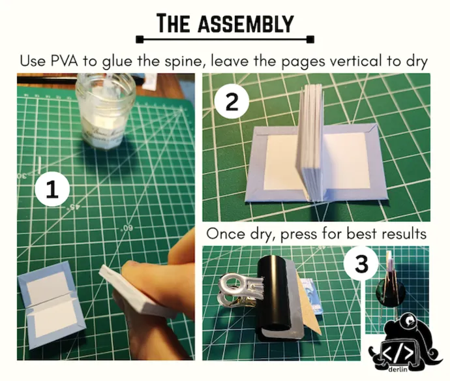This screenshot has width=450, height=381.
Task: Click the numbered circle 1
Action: point(53,189)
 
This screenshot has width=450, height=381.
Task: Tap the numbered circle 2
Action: point(231,102)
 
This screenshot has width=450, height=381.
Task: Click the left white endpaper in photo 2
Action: point(282,161)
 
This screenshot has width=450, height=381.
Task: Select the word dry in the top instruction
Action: point(416,62)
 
